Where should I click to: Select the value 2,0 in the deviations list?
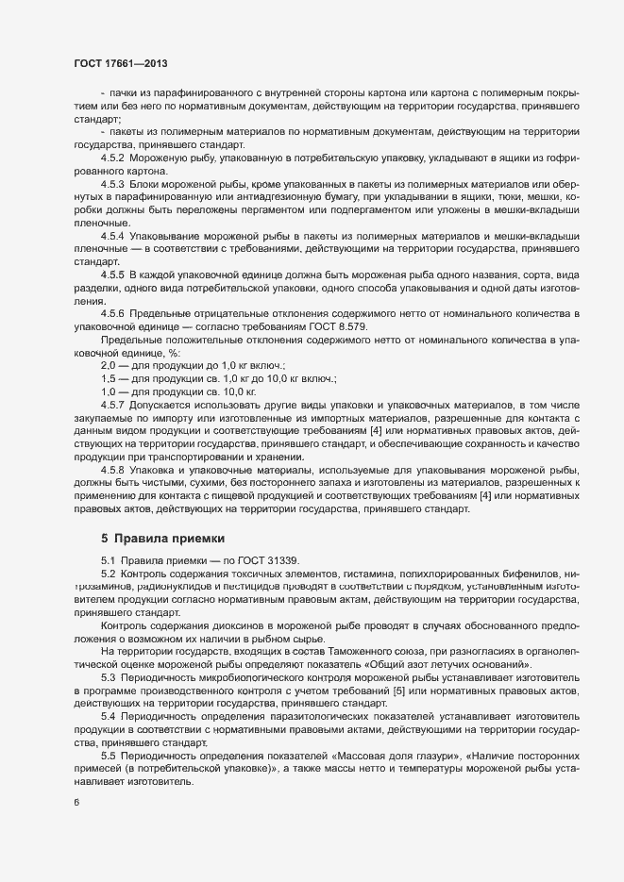pyautogui.click(x=108, y=363)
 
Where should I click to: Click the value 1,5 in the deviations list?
pyautogui.click(x=108, y=376)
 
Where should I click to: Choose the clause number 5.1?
pyautogui.click(x=109, y=561)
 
